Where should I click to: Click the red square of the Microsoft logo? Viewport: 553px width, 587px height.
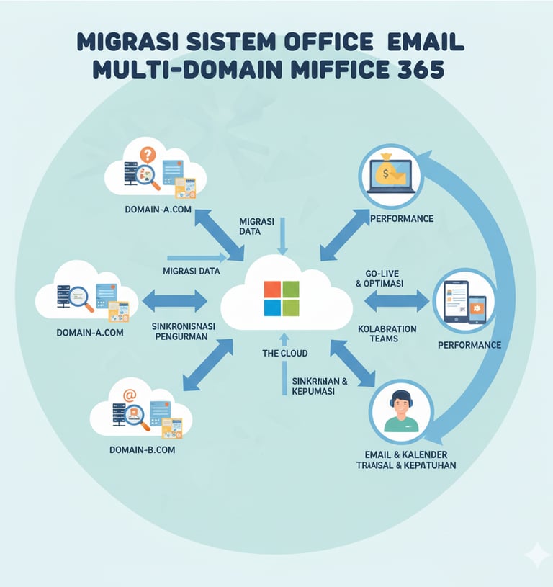(x=272, y=289)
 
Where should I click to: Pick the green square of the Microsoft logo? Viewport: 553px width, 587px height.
(x=290, y=308)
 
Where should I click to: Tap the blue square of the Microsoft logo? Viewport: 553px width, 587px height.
(x=272, y=308)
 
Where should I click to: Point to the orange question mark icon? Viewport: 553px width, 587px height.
(x=148, y=154)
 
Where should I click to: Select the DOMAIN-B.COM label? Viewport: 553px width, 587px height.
(x=143, y=449)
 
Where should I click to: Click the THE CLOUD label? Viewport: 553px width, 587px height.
(x=284, y=354)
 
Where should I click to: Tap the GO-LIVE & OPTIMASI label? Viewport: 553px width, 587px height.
(x=381, y=278)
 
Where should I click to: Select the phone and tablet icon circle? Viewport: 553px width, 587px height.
(x=464, y=301)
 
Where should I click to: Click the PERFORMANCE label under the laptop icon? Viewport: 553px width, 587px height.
(x=401, y=218)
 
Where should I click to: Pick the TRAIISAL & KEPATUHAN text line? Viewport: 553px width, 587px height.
(x=405, y=465)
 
